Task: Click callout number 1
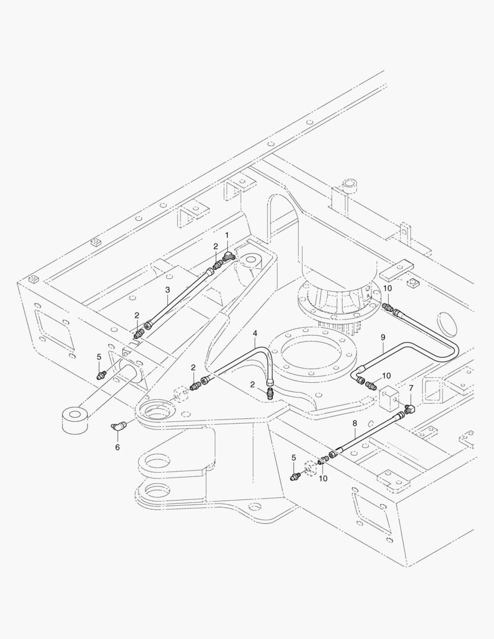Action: [225, 235]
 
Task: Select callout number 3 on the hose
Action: [167, 290]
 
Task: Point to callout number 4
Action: [255, 334]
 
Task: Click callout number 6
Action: [117, 447]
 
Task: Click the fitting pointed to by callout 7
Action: [409, 409]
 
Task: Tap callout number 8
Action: [354, 424]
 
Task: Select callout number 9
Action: [383, 337]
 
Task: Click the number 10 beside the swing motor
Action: [387, 288]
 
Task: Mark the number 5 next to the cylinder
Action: [99, 357]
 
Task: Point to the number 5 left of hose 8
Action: [294, 457]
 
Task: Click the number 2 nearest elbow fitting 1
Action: [216, 246]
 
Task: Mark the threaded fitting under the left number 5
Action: [102, 374]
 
